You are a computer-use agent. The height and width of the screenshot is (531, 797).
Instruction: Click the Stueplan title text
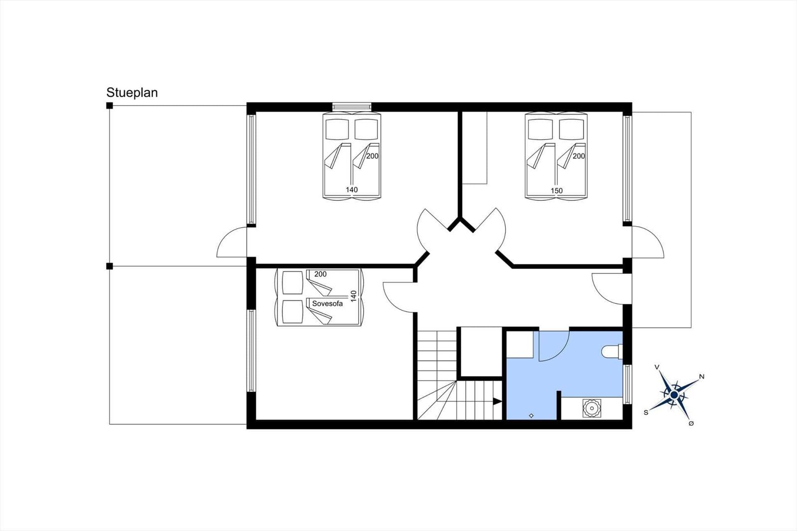tap(132, 93)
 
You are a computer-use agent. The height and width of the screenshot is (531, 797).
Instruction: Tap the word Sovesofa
tap(327, 303)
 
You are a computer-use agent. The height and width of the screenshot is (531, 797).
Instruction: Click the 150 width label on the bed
tap(556, 190)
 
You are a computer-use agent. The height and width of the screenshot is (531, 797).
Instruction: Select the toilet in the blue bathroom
tap(612, 352)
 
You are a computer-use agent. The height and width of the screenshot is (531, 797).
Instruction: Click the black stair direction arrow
tap(497, 401)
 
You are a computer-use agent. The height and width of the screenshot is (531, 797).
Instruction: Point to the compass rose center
tap(674, 395)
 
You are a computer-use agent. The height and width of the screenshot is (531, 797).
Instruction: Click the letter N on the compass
tap(701, 377)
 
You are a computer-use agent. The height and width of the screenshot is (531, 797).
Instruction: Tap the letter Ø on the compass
tap(691, 423)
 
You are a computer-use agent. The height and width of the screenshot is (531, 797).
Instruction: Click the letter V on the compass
tap(657, 367)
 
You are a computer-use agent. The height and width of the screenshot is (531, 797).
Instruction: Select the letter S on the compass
tap(646, 412)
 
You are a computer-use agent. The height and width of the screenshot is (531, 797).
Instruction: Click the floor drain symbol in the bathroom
tap(531, 415)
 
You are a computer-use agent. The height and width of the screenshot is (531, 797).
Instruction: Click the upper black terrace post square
tap(110, 106)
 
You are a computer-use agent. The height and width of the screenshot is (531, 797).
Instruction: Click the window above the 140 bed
tap(352, 107)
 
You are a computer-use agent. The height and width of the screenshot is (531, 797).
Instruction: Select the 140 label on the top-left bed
tap(352, 189)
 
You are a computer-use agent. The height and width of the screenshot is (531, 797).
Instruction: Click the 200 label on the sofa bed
tap(320, 274)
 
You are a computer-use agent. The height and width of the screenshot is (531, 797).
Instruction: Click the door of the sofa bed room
tap(399, 297)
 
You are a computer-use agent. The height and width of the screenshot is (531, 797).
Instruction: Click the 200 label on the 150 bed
tap(578, 156)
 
